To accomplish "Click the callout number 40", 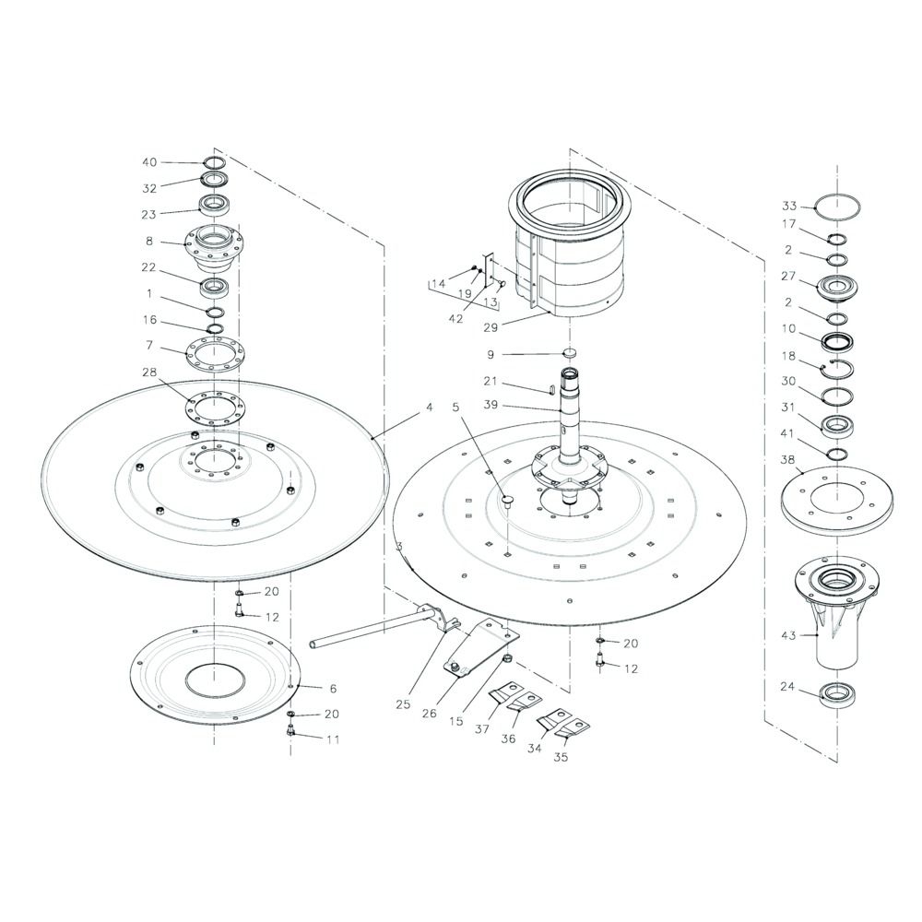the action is tap(149, 162).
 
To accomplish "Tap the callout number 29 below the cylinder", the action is tap(491, 328).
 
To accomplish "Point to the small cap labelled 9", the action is tap(568, 353).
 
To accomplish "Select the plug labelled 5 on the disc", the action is tap(506, 500).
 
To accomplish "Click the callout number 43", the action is tap(788, 635).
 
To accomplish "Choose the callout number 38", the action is tap(788, 459).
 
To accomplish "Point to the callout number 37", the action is tap(482, 729).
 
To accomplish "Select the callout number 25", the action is tap(403, 703).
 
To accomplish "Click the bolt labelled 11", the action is tap(290, 730).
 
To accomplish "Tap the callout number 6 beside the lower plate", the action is tap(333, 688).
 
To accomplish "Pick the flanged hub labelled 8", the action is tap(214, 249).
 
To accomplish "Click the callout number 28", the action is tap(149, 372).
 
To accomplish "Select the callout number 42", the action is tap(455, 319).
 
